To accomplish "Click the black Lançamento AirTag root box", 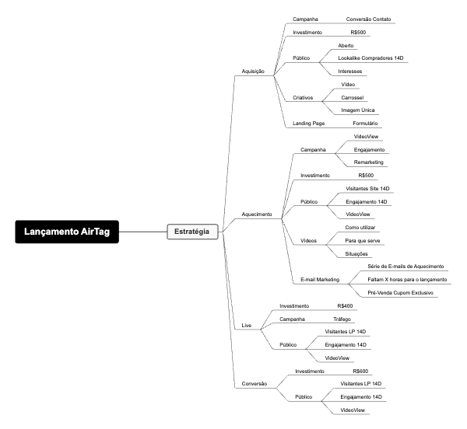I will pos(67,232).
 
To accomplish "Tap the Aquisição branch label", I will pos(254,71).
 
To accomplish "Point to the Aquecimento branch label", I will pos(257,214).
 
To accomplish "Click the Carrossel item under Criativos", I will pos(355,97).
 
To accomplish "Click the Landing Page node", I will pos(308,123).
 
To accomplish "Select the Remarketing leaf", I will pos(369,162).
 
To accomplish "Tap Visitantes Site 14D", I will pos(367,189).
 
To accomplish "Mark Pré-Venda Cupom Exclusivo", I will pos(401,292).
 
